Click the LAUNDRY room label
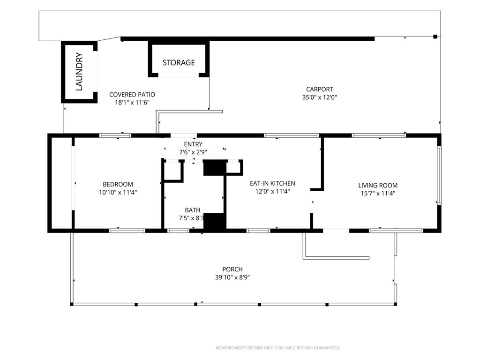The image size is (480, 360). click(x=79, y=72)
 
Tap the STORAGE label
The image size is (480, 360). click(x=179, y=63)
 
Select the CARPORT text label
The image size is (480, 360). click(x=319, y=90)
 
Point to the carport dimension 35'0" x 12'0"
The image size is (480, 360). click(x=319, y=97)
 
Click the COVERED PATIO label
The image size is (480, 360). click(x=132, y=95)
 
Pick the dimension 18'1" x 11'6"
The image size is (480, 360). click(x=132, y=103)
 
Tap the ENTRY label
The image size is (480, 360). click(x=193, y=144)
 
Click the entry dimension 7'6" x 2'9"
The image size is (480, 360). click(x=193, y=152)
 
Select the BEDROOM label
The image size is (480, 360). click(x=118, y=184)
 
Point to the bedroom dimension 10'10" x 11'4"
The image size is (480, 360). click(x=118, y=193)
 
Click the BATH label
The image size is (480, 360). click(x=193, y=210)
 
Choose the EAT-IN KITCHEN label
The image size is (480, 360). click(x=272, y=183)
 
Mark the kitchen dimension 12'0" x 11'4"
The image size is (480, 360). click(x=272, y=192)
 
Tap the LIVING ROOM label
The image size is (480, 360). click(x=378, y=185)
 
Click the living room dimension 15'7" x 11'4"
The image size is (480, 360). click(x=378, y=194)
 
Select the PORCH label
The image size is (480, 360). click(x=232, y=270)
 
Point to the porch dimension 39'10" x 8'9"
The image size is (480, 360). click(x=232, y=277)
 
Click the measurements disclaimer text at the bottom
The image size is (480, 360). click(x=278, y=348)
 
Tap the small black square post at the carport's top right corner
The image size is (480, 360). click(x=435, y=37)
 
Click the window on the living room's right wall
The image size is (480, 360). click(x=439, y=175)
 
